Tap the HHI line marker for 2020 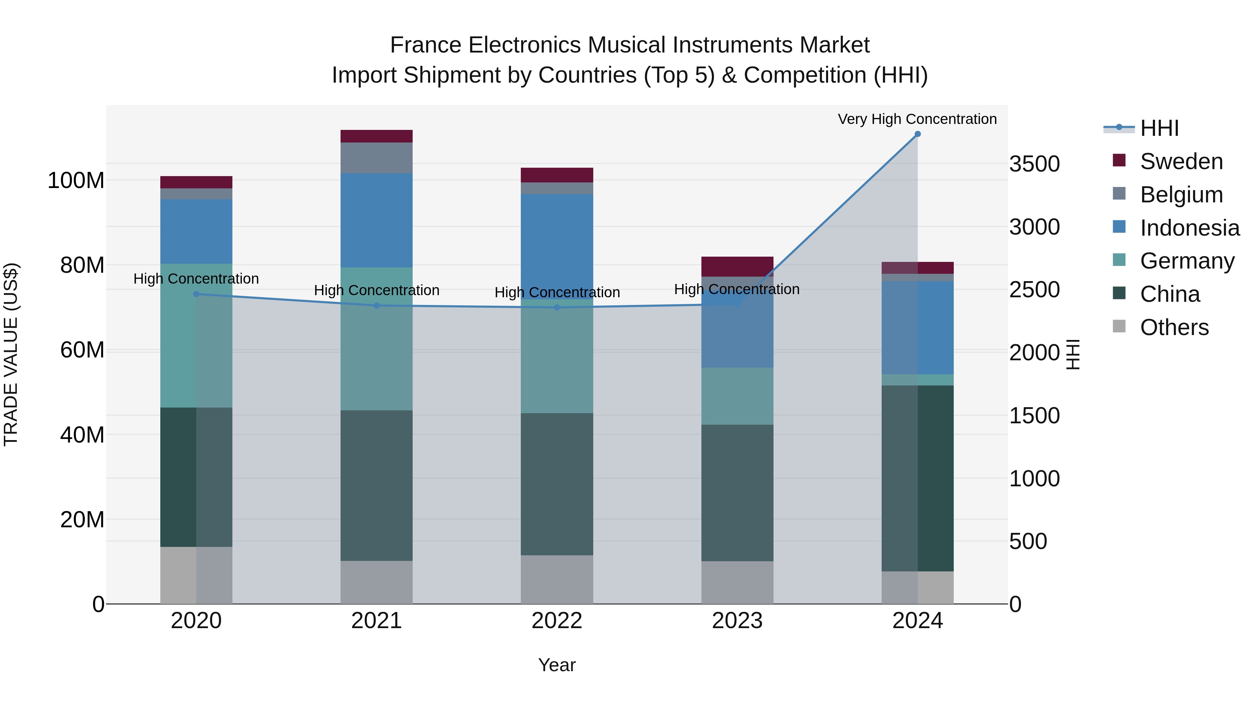[196, 294]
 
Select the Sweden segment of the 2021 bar [376, 136]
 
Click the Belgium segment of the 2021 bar [376, 158]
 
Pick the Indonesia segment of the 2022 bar [556, 245]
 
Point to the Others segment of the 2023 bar [737, 582]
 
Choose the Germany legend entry [1187, 261]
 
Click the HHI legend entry [1159, 128]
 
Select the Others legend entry [1174, 327]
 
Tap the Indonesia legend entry [1190, 228]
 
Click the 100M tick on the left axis [76, 181]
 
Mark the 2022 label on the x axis [556, 621]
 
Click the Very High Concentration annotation [917, 119]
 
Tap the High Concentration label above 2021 [376, 290]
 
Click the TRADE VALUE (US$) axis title [11, 354]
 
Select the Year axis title [556, 665]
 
